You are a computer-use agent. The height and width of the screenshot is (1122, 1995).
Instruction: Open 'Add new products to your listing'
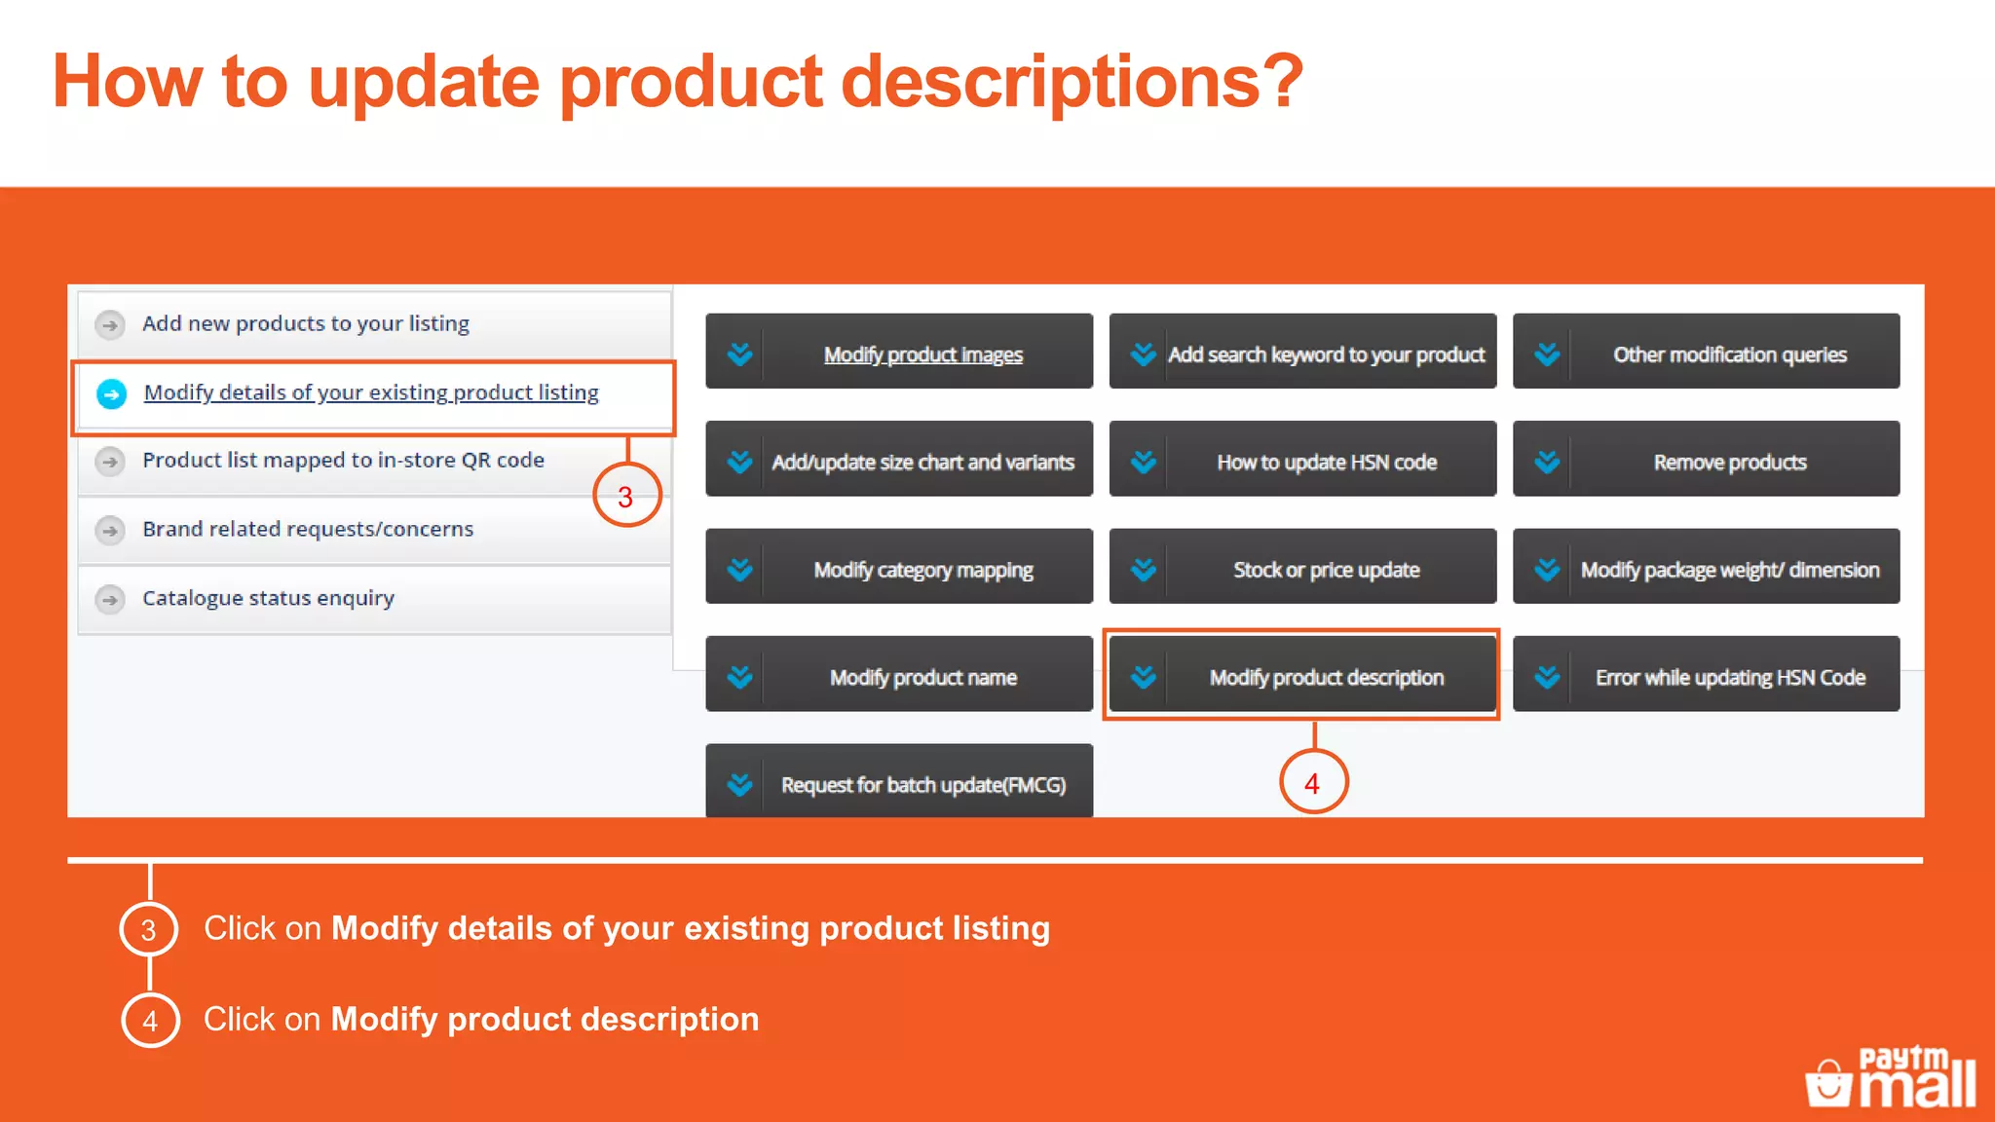306,323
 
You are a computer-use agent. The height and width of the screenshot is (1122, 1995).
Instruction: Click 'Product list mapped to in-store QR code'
343,460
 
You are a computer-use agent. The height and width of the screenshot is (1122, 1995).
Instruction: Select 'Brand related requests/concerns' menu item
308,529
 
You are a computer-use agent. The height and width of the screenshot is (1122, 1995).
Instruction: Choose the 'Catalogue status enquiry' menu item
268,598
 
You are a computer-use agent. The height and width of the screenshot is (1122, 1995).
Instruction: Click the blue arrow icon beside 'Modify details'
112,393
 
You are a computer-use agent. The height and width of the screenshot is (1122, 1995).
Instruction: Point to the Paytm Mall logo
1891,1077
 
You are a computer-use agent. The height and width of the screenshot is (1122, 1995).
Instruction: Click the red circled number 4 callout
1312,783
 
